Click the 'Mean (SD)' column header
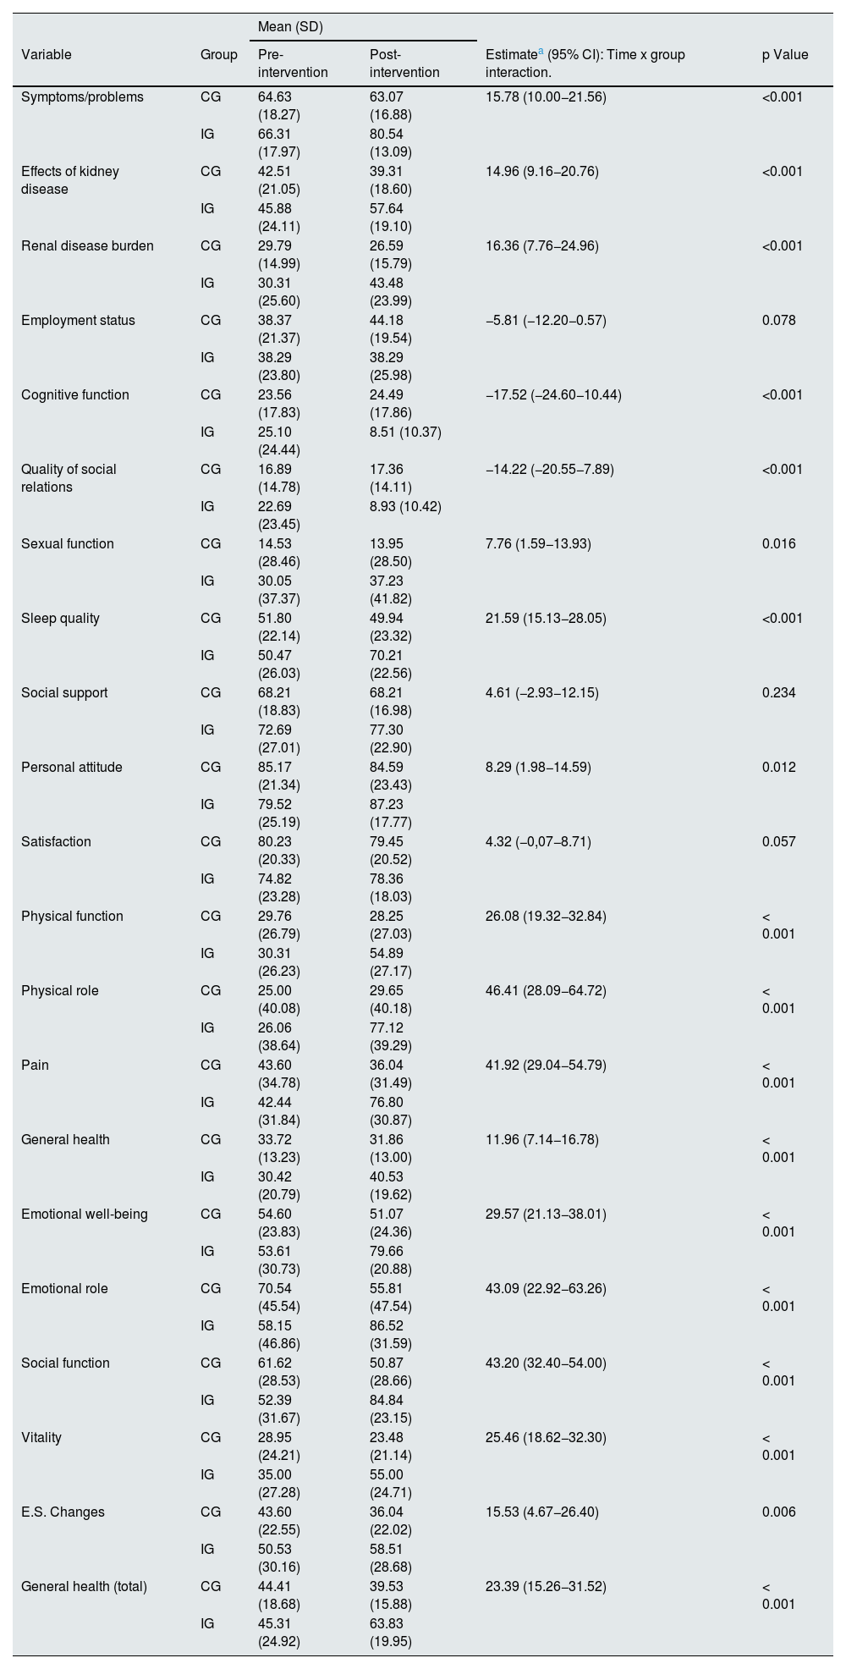289,27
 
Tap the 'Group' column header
218,55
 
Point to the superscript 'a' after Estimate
541,51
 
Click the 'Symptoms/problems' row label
82,97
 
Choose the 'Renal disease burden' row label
87,246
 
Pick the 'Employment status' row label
78,321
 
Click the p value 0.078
778,321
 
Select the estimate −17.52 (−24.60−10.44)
553,395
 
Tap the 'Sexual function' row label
67,544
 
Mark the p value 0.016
778,544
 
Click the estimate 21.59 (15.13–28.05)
546,619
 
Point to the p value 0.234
778,693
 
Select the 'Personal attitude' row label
72,768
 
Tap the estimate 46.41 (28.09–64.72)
546,991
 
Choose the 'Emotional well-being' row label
85,1215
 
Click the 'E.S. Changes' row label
63,1512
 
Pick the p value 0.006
778,1512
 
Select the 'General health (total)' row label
84,1587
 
